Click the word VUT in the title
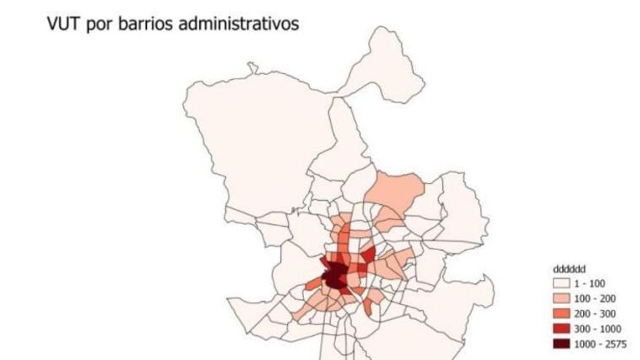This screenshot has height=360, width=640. click(62, 23)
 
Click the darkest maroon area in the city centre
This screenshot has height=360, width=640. click(335, 277)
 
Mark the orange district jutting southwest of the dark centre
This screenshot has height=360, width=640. click(316, 284)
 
